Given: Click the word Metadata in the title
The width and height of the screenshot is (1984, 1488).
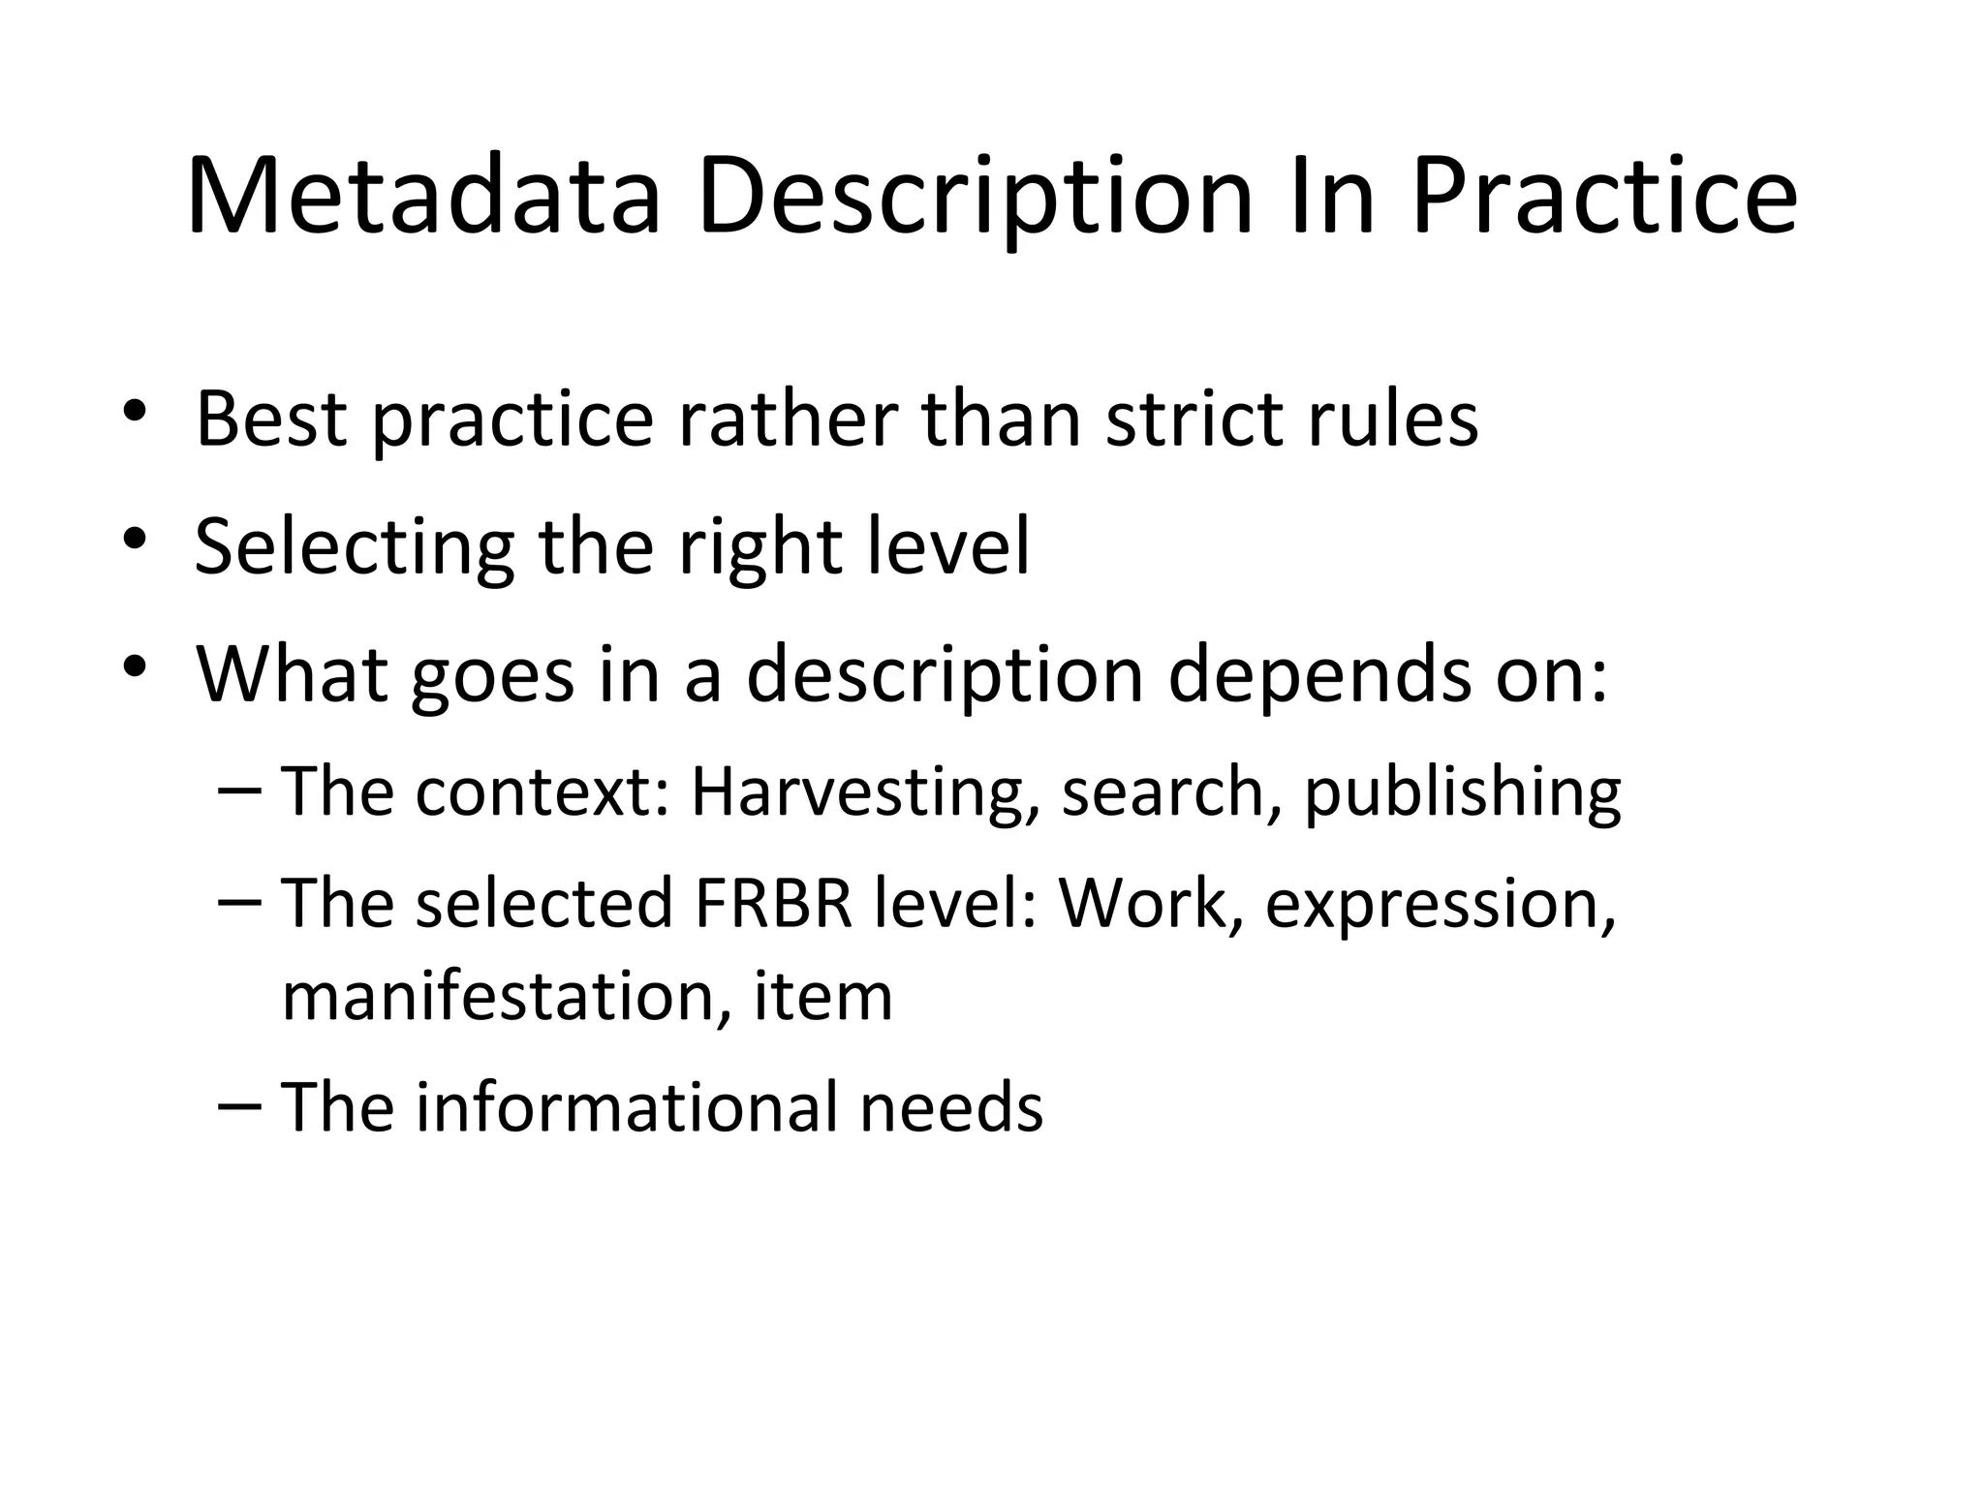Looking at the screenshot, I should click(423, 198).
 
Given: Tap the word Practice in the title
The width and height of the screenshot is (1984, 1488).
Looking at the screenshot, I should click(1603, 198).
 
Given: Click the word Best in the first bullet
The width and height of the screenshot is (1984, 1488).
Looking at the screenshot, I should click(270, 418).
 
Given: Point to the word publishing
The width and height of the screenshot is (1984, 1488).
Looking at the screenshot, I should click(1462, 792).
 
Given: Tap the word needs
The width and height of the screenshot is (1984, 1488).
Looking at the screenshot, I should click(951, 1108).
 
